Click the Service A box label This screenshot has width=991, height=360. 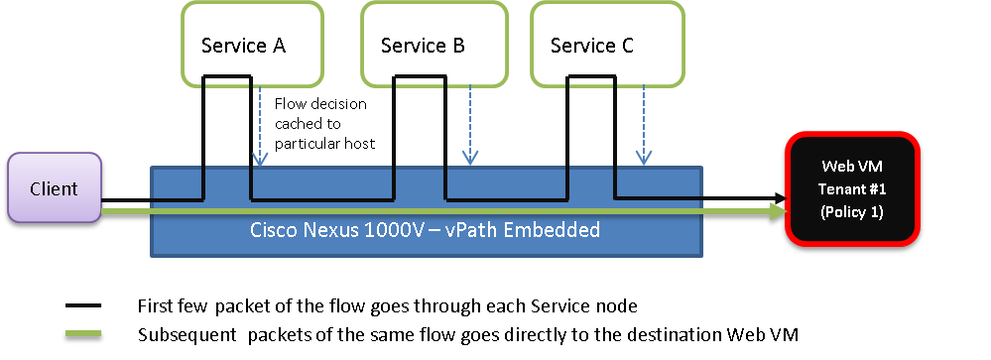(x=243, y=46)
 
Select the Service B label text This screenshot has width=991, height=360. (x=423, y=46)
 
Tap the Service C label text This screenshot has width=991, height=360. (x=591, y=46)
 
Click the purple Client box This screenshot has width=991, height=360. (x=55, y=187)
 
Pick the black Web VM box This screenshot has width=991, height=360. (x=852, y=188)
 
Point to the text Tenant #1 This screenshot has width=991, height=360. (x=852, y=188)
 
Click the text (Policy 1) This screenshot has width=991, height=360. (x=852, y=212)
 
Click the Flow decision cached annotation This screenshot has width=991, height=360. (x=324, y=124)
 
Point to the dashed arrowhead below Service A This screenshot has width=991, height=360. (x=259, y=160)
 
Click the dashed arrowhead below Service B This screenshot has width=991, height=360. (x=470, y=159)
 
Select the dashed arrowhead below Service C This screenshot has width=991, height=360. (x=644, y=159)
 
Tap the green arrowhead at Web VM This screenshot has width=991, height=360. (x=778, y=211)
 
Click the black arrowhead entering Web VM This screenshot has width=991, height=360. (x=781, y=199)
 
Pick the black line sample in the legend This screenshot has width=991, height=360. (x=83, y=306)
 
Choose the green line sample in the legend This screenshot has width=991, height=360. (x=83, y=335)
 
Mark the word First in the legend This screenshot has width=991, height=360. (x=153, y=306)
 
